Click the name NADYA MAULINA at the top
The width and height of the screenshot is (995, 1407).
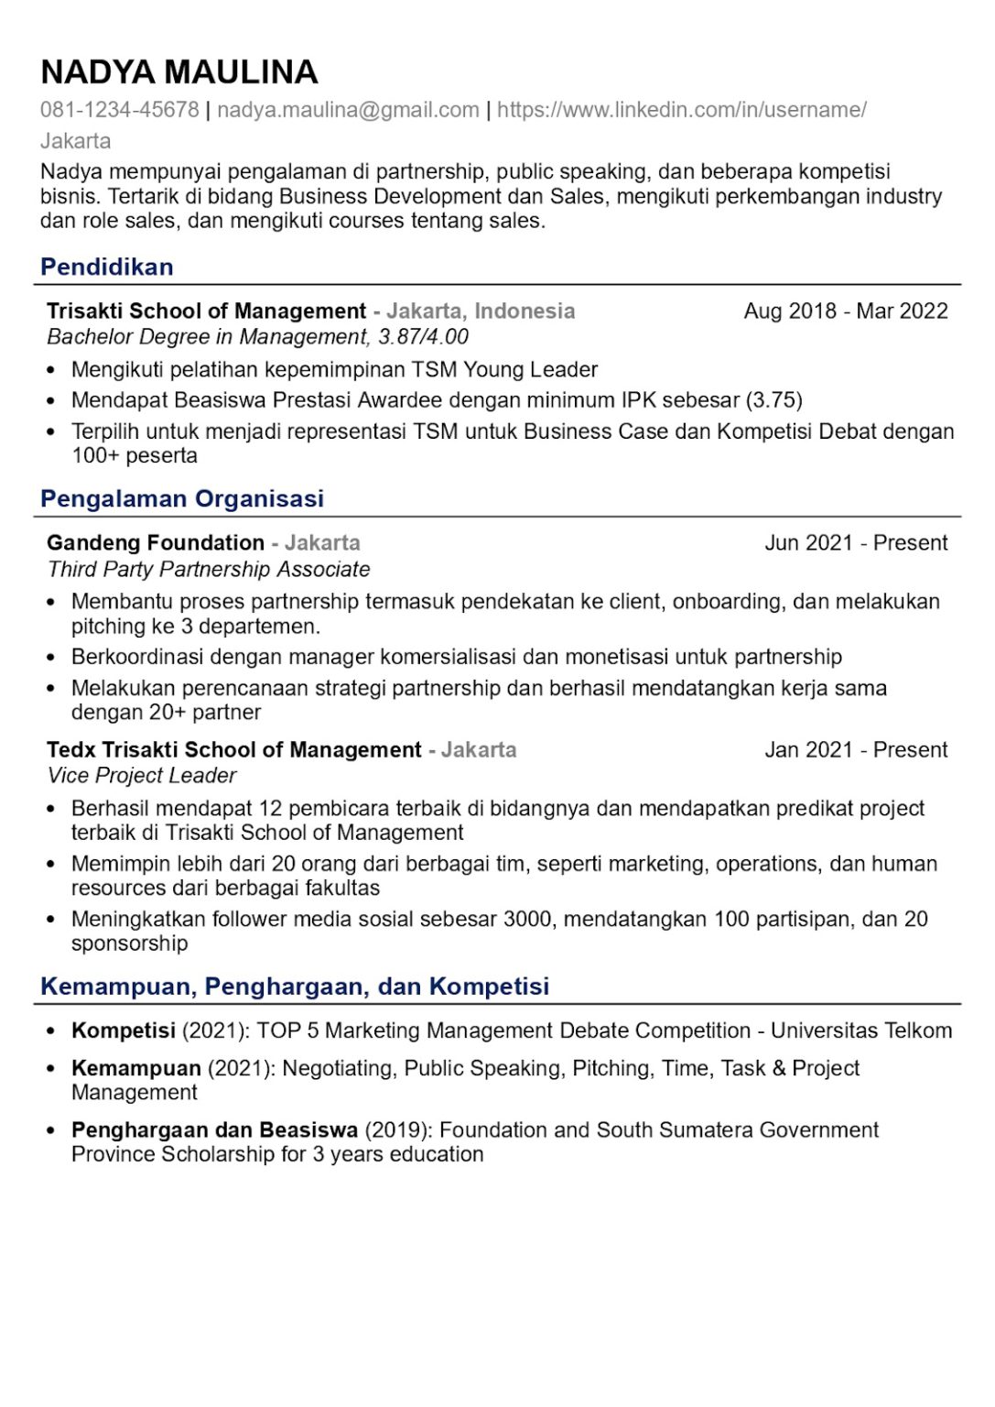click(179, 71)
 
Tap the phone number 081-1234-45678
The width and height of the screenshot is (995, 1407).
click(119, 110)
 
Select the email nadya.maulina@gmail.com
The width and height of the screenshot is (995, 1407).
click(348, 110)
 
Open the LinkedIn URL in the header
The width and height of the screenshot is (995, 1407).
click(681, 110)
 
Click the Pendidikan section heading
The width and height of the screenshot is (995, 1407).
click(107, 267)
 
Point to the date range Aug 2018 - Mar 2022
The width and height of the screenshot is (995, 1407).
click(845, 311)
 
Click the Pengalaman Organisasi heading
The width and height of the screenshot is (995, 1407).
click(182, 498)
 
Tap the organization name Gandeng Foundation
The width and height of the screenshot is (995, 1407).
click(156, 542)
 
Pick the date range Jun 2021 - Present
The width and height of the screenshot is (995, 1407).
click(855, 542)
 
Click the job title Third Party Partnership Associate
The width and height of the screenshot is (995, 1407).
click(209, 569)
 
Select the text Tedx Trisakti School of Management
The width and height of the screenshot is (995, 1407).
click(234, 749)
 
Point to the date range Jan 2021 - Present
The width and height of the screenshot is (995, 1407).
click(855, 749)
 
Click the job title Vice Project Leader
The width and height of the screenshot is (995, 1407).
click(142, 776)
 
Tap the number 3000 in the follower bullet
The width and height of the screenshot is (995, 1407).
click(527, 919)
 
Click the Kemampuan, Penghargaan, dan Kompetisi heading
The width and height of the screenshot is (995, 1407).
click(295, 986)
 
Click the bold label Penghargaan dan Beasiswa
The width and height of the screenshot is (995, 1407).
click(214, 1129)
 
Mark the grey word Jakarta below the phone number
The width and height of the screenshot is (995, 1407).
click(75, 141)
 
